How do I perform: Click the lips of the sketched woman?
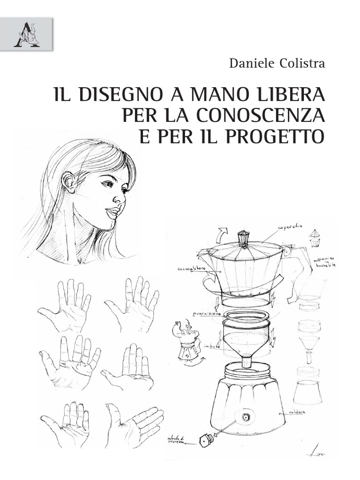click(x=112, y=213)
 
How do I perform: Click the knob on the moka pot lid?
click(x=243, y=238)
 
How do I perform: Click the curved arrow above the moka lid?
click(x=220, y=234)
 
